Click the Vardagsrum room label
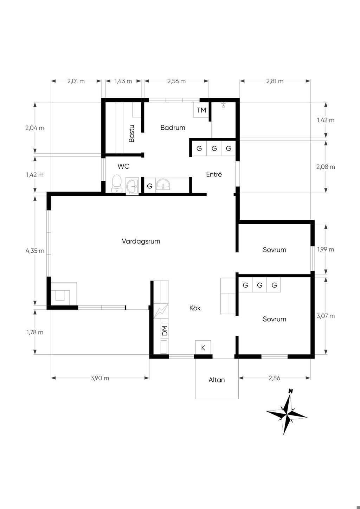[x=141, y=241]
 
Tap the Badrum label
[x=173, y=128]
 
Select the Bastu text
[x=131, y=133]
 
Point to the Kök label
[x=195, y=308]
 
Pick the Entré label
[x=214, y=174]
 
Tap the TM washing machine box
[x=201, y=110]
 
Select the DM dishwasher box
[x=165, y=331]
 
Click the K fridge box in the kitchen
[x=203, y=347]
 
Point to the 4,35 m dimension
[x=35, y=251]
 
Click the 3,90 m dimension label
[x=100, y=378]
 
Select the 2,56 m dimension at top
[x=176, y=81]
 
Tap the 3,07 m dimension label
[x=326, y=316]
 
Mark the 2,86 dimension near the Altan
[x=274, y=378]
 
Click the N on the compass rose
[x=290, y=391]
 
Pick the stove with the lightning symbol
[x=161, y=311]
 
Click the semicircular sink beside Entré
[x=163, y=184]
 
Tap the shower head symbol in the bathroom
[x=224, y=105]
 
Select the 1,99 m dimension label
[x=326, y=250]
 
